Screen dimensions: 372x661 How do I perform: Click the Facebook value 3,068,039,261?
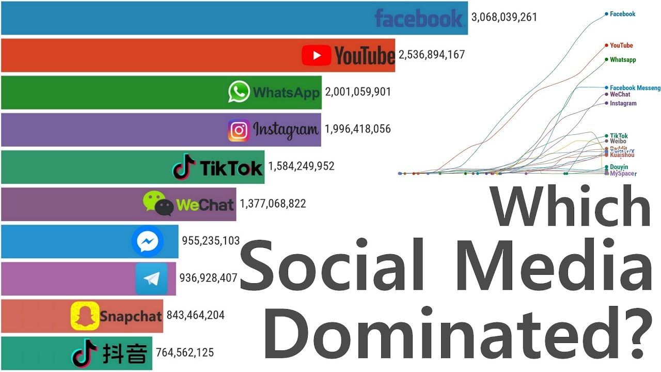[x=504, y=17]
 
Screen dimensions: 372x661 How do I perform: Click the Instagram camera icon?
[x=239, y=130]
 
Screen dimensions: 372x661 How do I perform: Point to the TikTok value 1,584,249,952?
[x=301, y=166]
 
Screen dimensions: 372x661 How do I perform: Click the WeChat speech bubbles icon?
[x=158, y=204]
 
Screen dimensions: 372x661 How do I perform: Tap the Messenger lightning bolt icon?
[x=148, y=241]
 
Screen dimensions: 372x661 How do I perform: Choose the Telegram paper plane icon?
[x=151, y=279]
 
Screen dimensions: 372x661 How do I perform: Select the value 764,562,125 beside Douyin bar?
[x=184, y=353]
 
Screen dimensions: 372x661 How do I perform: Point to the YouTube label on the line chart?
[x=621, y=45]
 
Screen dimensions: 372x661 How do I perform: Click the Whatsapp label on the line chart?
[x=623, y=60]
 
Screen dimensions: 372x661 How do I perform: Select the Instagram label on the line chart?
[x=623, y=103]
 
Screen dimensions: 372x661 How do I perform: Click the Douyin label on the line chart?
[x=619, y=167]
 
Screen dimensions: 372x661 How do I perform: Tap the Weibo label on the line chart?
[x=618, y=141]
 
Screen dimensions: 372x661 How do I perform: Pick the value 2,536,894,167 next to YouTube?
[x=432, y=54]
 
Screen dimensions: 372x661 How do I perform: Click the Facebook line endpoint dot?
[x=606, y=14]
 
